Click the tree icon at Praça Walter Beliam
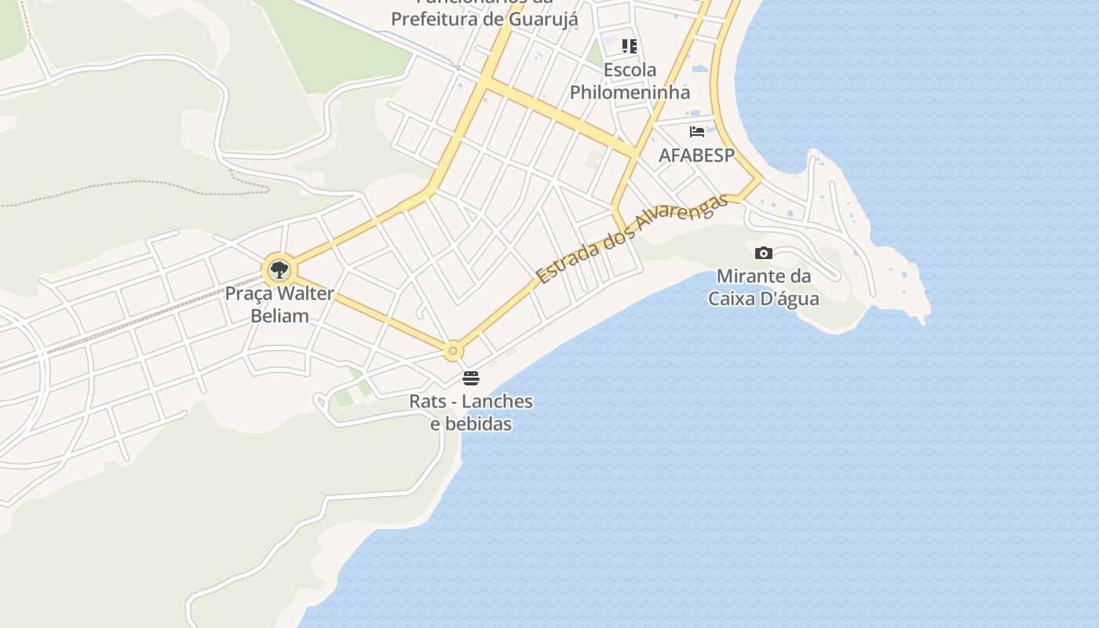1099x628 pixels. tap(278, 271)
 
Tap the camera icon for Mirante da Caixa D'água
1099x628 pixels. tap(763, 253)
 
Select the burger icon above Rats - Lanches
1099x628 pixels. tap(471, 378)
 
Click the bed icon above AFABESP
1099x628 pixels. tap(697, 131)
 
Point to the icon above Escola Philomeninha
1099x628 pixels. tap(630, 46)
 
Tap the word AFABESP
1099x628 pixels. tap(696, 155)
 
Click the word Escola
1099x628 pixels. tap(630, 70)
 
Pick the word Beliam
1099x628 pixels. tap(279, 316)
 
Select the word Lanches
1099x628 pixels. tap(498, 402)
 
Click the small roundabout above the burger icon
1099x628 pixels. tap(452, 351)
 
